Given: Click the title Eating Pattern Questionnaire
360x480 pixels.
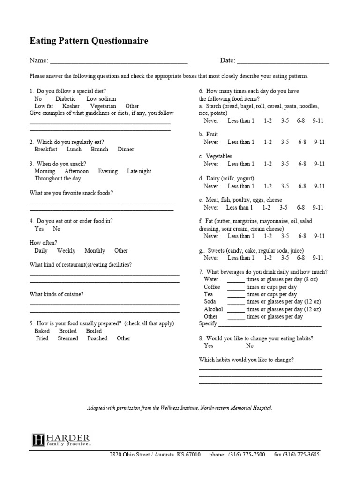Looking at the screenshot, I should [x=89, y=41].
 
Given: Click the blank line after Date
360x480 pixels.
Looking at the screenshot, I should [x=283, y=61].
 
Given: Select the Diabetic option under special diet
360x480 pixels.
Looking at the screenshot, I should [x=65, y=99].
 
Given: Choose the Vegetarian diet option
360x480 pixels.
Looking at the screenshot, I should [x=103, y=106].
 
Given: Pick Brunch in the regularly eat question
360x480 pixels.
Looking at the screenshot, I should [x=99, y=149].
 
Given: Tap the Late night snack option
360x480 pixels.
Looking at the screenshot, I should [x=139, y=171].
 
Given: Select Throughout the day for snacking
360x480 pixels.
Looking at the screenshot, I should [x=58, y=179].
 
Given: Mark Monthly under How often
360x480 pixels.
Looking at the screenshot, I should [x=95, y=250].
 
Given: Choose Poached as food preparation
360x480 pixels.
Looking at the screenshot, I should [x=97, y=338].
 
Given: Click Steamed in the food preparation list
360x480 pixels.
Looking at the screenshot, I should [x=68, y=338].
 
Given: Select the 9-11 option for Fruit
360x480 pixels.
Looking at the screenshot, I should [x=319, y=142].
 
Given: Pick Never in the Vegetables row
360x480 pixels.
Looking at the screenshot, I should [x=211, y=164].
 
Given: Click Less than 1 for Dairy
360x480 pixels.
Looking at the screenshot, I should [x=241, y=186].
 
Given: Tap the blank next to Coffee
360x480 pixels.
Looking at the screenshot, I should [x=236, y=288].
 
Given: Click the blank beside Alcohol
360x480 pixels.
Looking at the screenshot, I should [x=236, y=310].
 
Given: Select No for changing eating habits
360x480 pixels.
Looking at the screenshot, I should [x=249, y=345].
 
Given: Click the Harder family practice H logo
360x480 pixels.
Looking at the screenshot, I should [x=38, y=440].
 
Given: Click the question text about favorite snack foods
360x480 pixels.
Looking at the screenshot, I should [x=71, y=193].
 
